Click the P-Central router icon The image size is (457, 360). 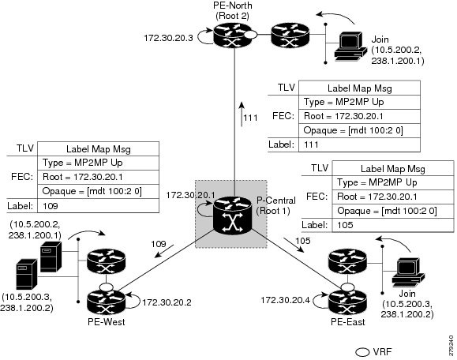tap(229, 212)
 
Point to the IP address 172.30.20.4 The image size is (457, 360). tap(285, 301)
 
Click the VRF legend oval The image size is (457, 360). tap(362, 350)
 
